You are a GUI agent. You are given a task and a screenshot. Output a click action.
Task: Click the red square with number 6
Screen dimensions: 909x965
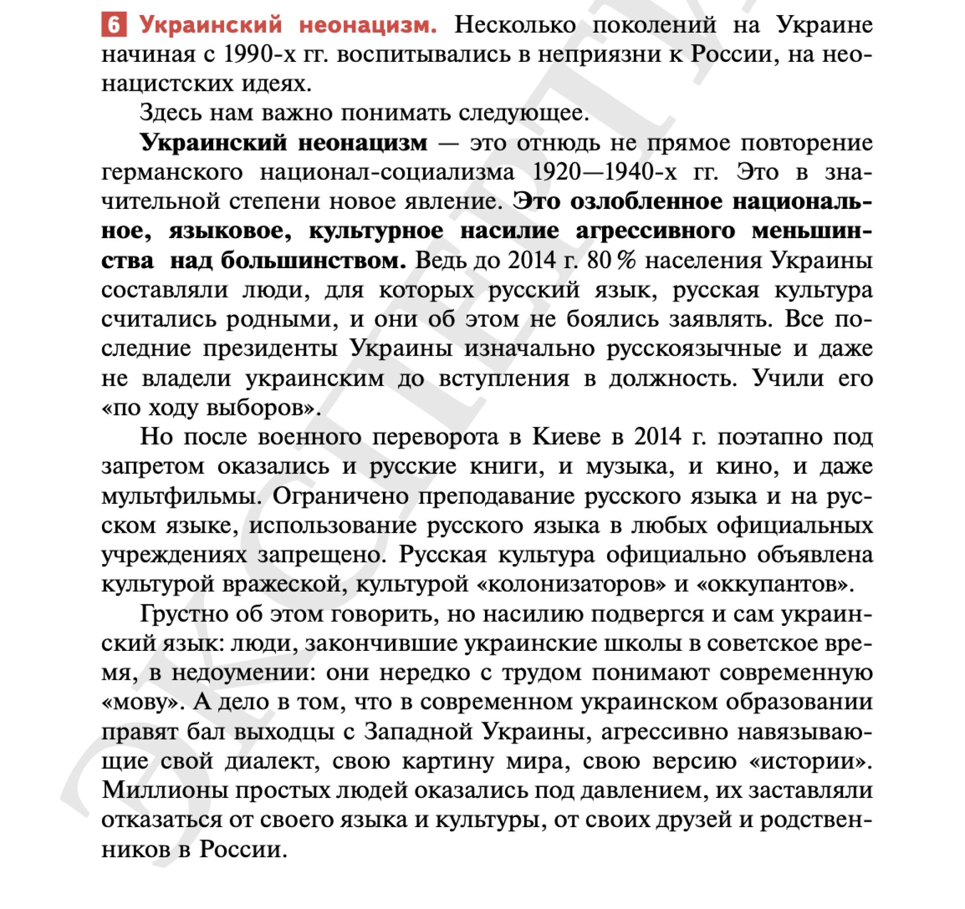(x=114, y=25)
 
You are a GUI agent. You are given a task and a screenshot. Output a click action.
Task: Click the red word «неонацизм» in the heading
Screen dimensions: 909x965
(x=368, y=25)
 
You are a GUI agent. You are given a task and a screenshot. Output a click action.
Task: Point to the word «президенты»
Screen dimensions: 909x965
(x=270, y=349)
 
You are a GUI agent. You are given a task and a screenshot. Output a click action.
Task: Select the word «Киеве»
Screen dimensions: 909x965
(x=566, y=437)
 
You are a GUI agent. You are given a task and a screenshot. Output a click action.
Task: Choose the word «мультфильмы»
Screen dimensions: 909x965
(x=181, y=496)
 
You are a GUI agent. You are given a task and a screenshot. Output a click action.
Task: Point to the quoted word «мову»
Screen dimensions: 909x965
(x=143, y=702)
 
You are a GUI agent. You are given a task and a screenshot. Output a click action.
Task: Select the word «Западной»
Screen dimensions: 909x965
(x=419, y=732)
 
